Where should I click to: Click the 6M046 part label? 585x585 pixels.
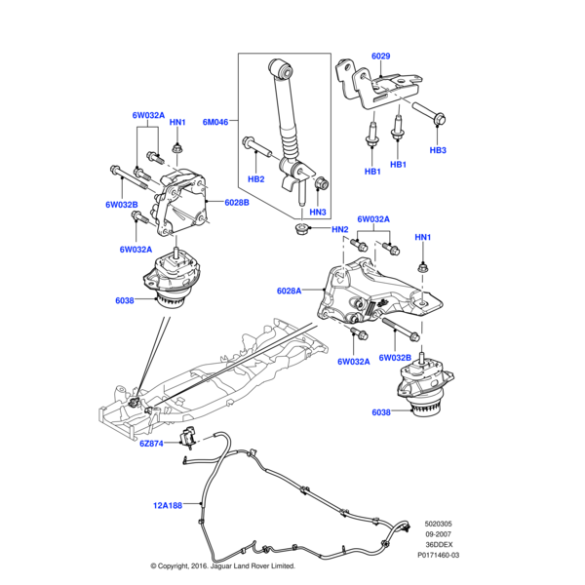214,122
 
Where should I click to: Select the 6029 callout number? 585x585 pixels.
380,57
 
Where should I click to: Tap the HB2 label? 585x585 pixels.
255,178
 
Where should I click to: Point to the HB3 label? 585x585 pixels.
438,150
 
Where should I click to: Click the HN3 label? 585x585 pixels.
318,212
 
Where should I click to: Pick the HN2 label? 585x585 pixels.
339,230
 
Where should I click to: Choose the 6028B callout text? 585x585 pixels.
238,202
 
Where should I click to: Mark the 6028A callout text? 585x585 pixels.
290,290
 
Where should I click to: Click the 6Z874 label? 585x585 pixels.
153,444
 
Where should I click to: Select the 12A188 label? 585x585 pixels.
168,505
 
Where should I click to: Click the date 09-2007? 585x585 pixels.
437,535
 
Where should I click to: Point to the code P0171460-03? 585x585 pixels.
438,555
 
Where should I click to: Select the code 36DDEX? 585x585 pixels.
437,545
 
